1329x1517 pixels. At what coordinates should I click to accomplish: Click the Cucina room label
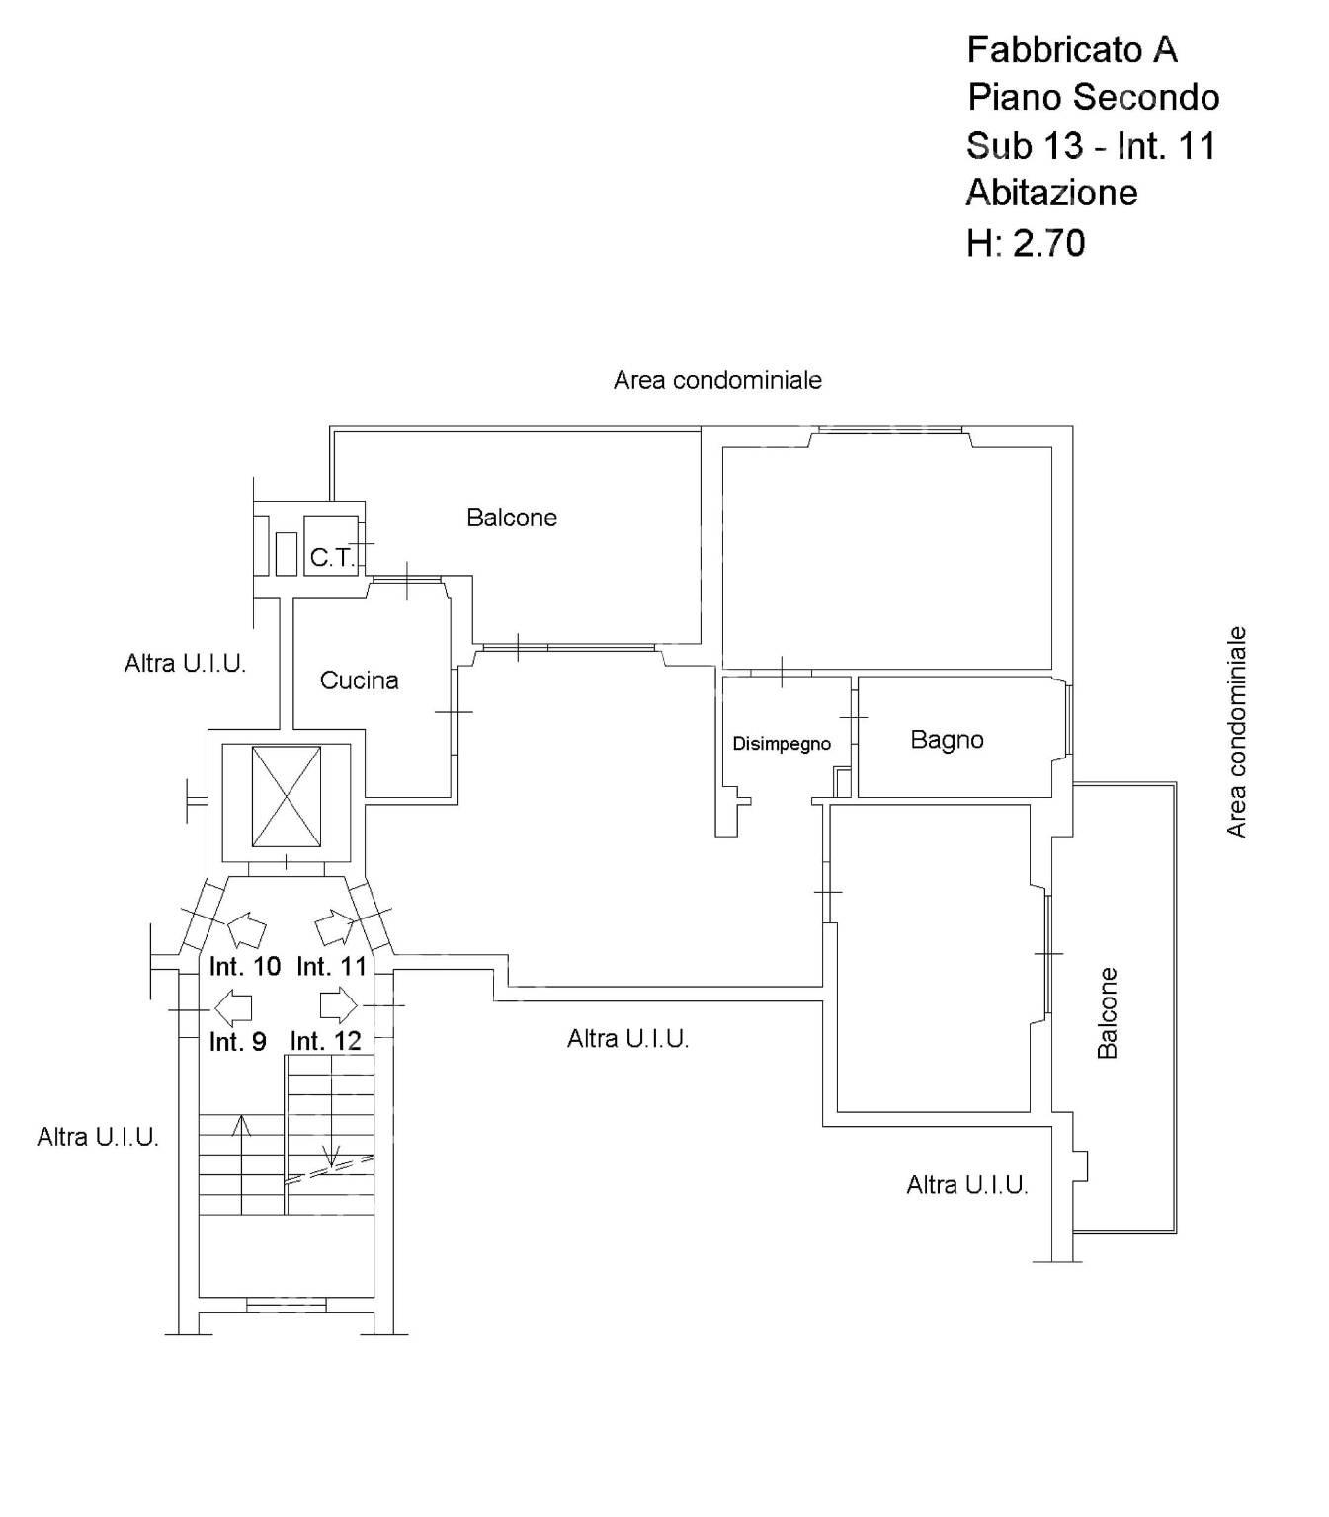(x=359, y=679)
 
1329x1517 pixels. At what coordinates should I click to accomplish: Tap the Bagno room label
(x=947, y=739)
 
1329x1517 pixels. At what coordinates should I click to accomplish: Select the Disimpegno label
(x=782, y=744)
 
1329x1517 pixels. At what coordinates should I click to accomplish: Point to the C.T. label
(x=331, y=558)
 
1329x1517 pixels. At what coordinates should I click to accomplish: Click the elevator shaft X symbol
(x=287, y=796)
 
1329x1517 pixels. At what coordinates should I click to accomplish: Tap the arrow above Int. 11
(x=333, y=927)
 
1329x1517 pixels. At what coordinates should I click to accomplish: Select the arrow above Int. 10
(x=246, y=929)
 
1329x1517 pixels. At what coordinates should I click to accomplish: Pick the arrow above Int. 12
(x=339, y=1006)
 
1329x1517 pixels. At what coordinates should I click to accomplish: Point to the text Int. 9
(x=237, y=1042)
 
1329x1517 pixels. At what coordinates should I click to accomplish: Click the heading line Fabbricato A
(x=1072, y=49)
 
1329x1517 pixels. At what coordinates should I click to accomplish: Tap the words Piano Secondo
(x=1093, y=97)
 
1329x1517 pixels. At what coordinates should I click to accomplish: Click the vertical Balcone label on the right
(x=1107, y=1013)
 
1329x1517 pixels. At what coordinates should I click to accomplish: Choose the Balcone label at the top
(x=512, y=517)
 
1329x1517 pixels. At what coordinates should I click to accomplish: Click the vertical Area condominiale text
(x=1235, y=733)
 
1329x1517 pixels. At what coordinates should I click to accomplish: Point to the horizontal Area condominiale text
(x=717, y=380)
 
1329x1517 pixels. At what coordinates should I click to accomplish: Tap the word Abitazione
(x=1051, y=193)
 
